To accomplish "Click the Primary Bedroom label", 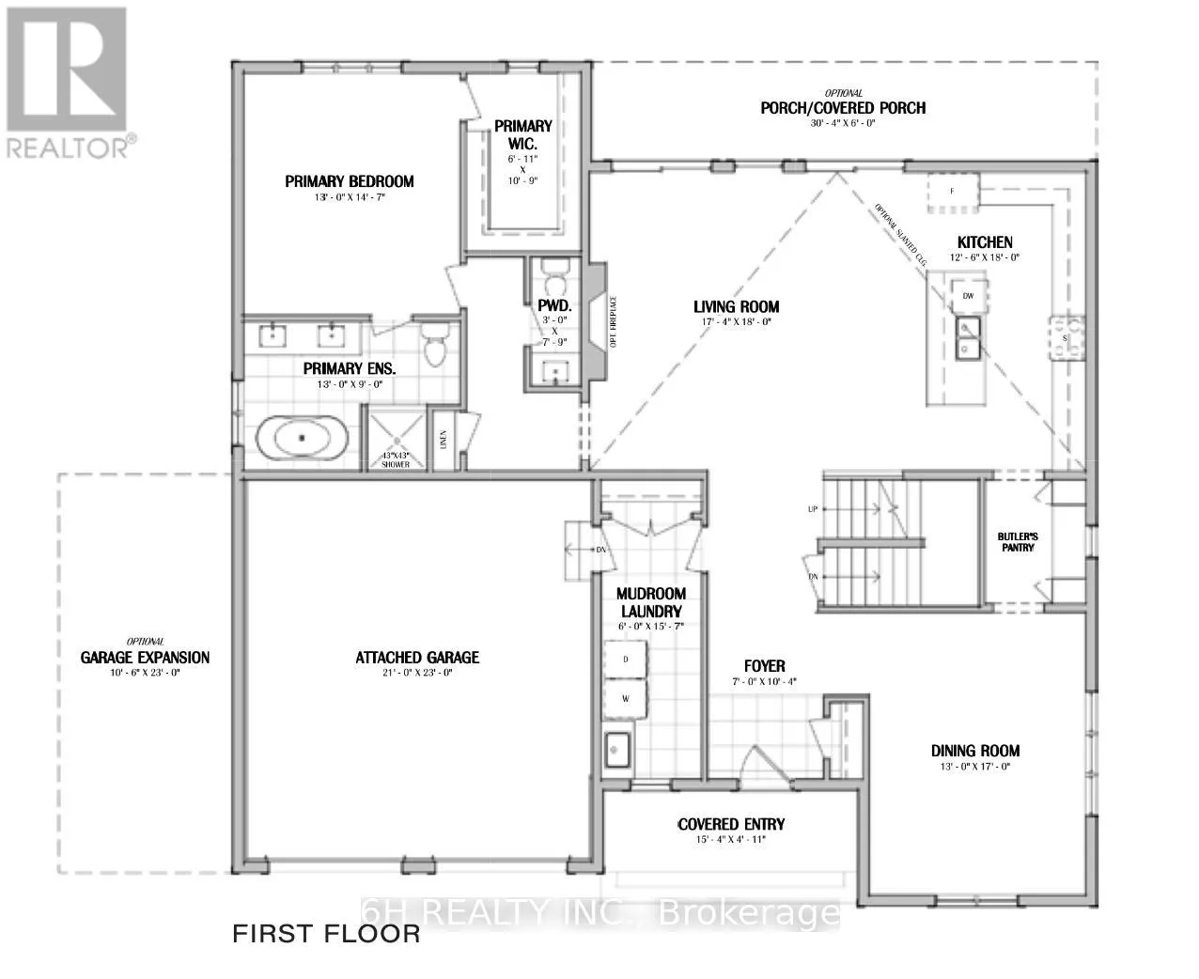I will tap(350, 181).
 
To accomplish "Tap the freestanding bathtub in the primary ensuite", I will tap(303, 439).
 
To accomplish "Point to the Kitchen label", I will tap(985, 242).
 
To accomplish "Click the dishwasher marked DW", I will tap(968, 295).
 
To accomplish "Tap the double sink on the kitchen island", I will tap(967, 337).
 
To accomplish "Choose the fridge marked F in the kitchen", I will tap(953, 192).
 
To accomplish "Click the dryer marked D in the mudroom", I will tap(626, 660).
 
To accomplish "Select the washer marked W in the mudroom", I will tap(626, 699).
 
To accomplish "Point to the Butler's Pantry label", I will tap(1016, 542).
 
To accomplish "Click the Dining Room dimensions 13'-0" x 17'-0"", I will tap(974, 768).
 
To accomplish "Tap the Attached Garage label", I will tap(417, 658).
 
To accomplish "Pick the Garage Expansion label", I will tap(145, 658).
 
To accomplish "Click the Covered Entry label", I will tap(731, 825).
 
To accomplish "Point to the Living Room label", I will tap(736, 306).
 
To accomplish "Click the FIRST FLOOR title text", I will tap(326, 934).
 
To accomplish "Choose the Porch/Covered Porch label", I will tap(843, 108).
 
